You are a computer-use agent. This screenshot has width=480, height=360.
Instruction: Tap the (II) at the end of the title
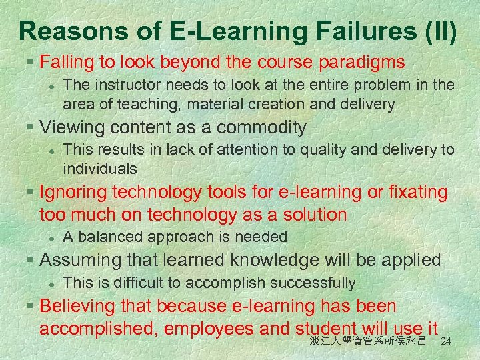click(436, 31)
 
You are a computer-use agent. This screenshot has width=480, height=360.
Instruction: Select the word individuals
click(100, 168)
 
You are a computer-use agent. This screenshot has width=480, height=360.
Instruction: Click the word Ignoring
click(73, 193)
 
